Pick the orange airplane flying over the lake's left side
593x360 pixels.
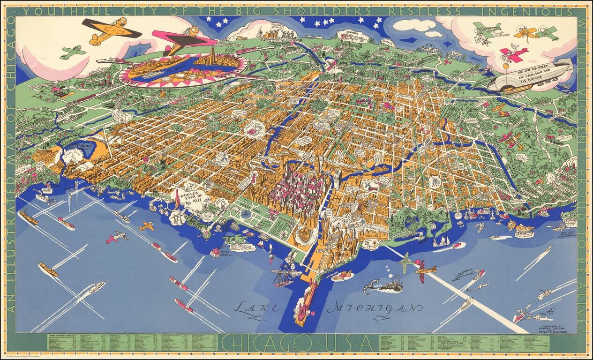[x=147, y=226]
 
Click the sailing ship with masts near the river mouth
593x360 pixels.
[x=284, y=277]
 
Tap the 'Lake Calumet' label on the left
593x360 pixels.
[x=83, y=148]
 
